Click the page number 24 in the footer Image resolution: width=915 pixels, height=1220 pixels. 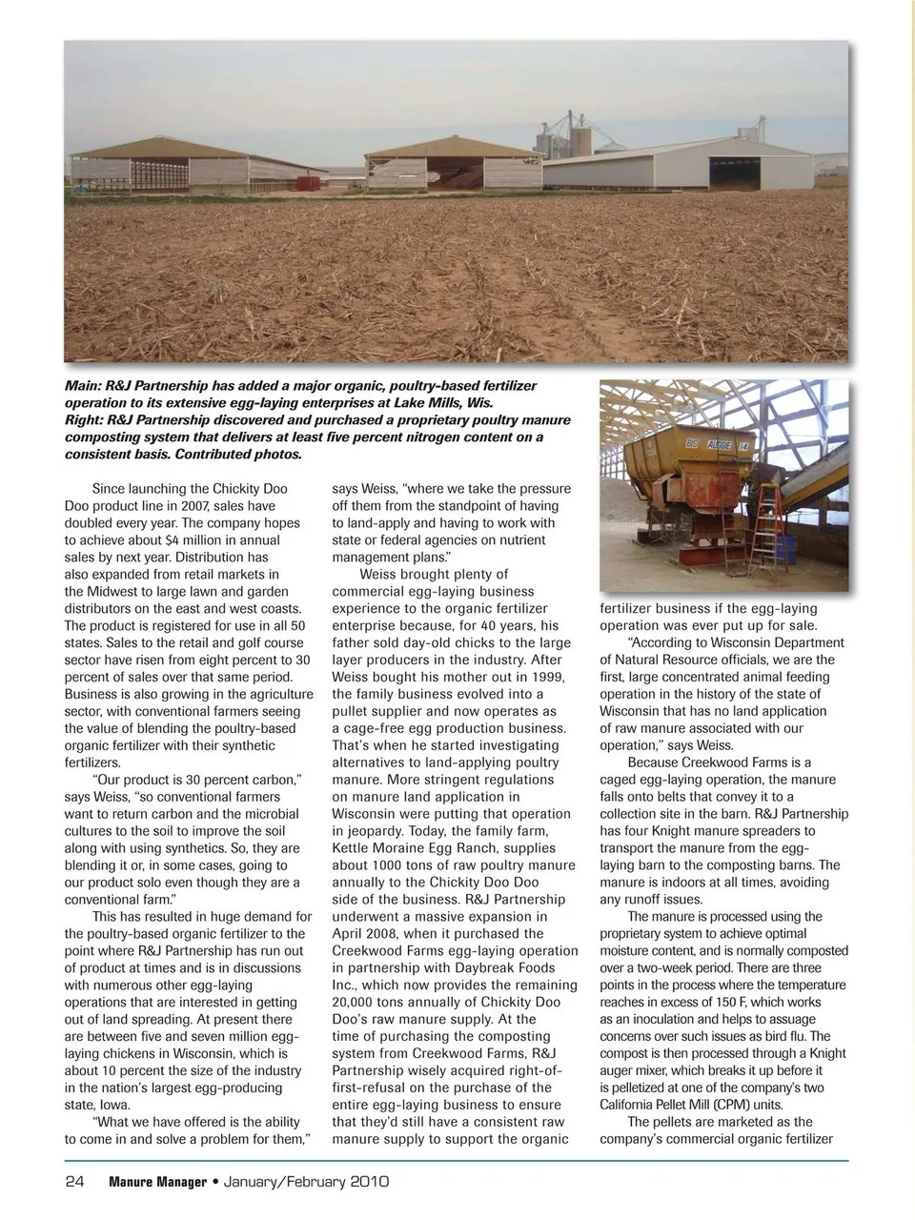(75, 1183)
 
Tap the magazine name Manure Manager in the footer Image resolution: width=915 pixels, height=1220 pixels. (157, 1183)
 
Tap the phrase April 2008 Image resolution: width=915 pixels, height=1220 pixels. (374, 933)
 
